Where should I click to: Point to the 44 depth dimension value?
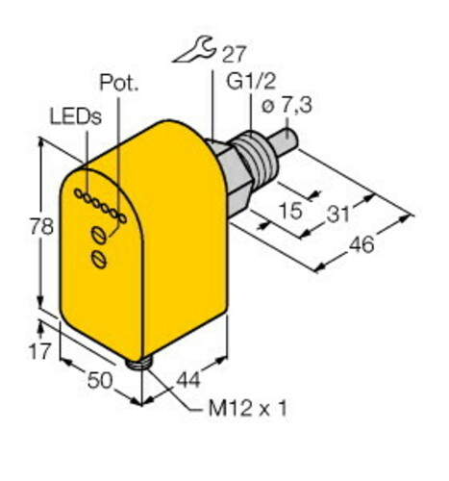(x=188, y=380)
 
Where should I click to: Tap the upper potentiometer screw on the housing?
(x=97, y=234)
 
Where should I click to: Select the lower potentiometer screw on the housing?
(x=96, y=258)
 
